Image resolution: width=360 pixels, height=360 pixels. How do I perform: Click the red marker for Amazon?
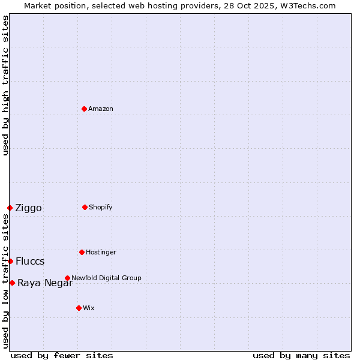coord(84,109)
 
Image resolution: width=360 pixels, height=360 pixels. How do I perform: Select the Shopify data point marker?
coord(85,207)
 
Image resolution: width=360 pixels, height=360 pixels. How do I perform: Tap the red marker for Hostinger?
coord(82,252)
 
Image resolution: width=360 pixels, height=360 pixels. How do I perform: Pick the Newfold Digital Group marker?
coord(67,278)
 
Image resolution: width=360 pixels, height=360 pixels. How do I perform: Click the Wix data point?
coord(79,308)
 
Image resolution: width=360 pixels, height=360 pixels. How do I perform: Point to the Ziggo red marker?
coord(10,208)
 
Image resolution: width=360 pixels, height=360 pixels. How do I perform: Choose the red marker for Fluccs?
coord(10,261)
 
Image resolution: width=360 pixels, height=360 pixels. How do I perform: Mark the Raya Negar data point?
coord(12,283)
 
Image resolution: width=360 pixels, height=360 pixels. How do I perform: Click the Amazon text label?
coord(101,109)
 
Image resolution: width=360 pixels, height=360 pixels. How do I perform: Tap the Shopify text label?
coord(101,207)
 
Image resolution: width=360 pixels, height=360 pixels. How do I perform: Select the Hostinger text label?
coord(101,252)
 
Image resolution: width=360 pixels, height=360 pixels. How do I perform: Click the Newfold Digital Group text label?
coord(106,278)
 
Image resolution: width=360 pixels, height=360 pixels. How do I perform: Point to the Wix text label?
coord(89,308)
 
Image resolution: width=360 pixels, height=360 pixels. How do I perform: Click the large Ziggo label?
coord(29,208)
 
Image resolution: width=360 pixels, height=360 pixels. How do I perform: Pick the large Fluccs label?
coord(30,262)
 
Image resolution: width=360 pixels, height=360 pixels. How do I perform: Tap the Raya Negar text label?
coord(45,283)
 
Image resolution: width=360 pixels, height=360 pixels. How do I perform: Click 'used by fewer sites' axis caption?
coord(62,355)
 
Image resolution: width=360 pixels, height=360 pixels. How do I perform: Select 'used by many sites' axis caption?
coord(301,355)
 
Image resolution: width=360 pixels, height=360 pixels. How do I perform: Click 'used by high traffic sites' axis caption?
coord(5,85)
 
